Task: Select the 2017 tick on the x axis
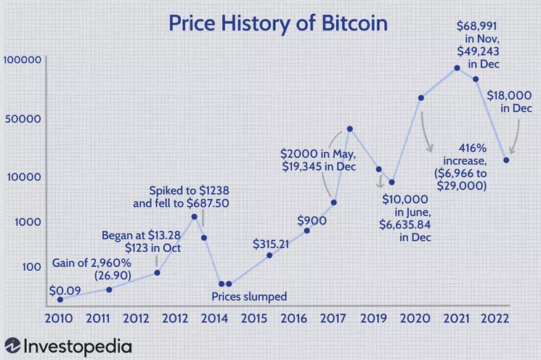click(333, 319)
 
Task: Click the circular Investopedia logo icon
click(12, 345)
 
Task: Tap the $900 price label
click(311, 219)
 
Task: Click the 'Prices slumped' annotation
click(249, 296)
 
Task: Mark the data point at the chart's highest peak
click(457, 68)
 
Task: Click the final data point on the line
click(506, 160)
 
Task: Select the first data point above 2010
click(60, 299)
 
